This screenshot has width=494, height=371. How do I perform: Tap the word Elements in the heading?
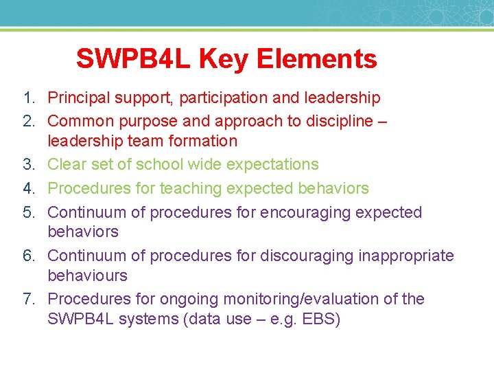coord(317,59)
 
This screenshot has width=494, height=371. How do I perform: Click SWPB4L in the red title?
coord(134,59)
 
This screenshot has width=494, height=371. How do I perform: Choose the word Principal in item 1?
coord(77,98)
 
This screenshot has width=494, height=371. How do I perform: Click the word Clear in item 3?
coord(66,165)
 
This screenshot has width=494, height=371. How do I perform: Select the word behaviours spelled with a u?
coord(87,276)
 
